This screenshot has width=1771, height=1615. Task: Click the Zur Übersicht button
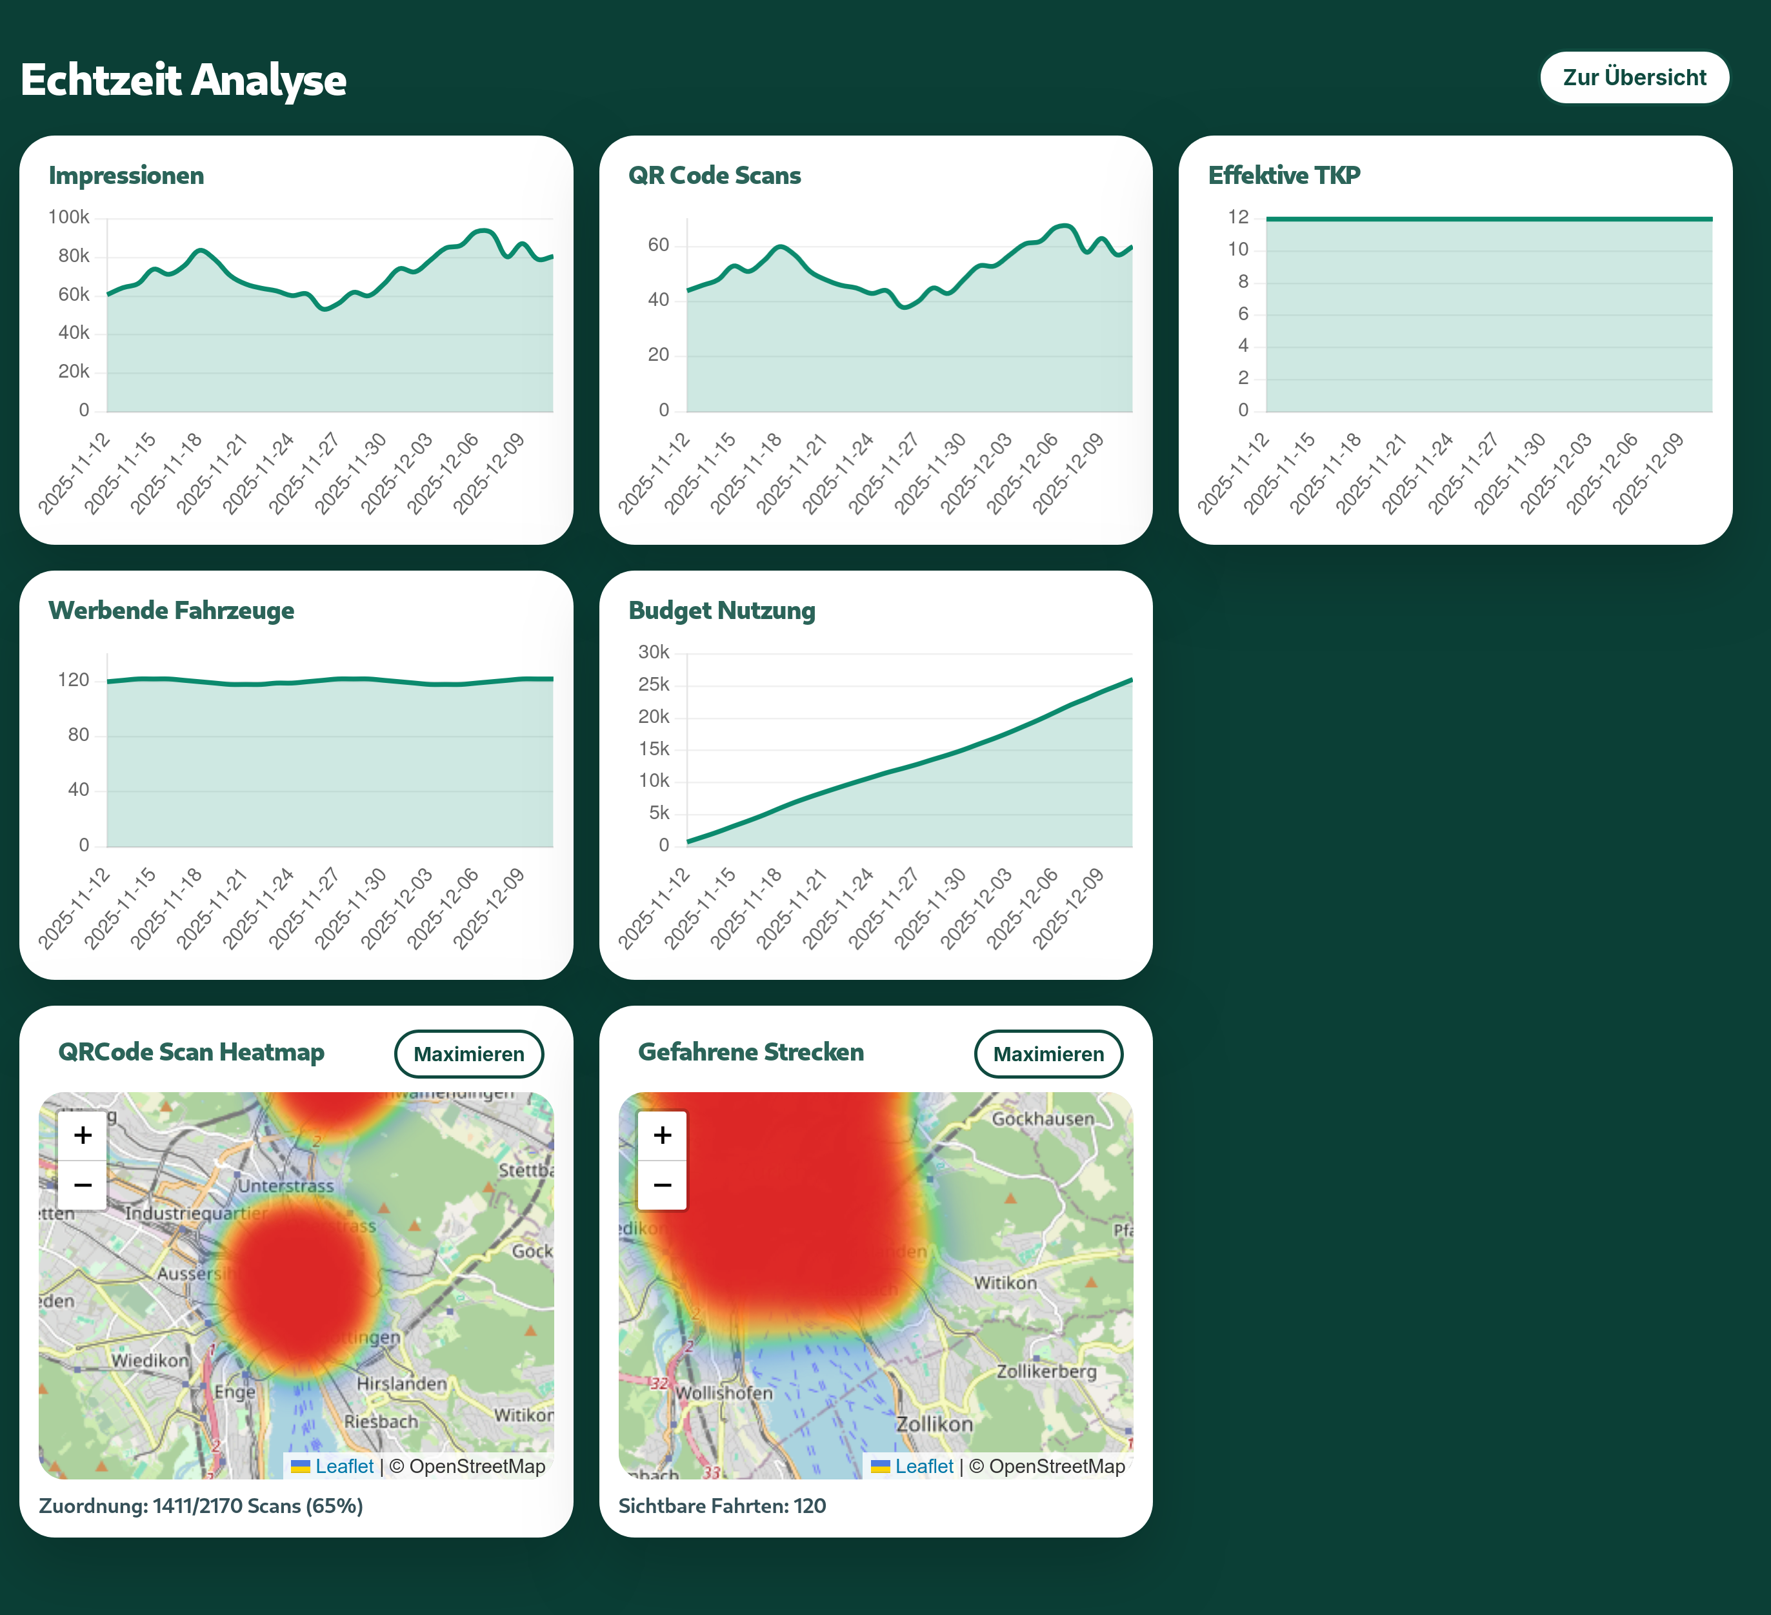pos(1634,77)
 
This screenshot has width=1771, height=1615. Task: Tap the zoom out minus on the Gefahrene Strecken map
pos(663,1184)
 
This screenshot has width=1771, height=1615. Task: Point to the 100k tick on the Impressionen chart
pos(68,217)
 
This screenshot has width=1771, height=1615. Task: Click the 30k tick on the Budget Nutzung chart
pos(654,652)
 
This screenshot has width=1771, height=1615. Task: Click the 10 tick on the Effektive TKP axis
pos(1238,250)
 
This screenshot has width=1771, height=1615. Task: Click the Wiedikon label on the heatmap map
pos(149,1360)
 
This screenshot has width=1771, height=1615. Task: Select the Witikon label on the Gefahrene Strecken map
pos(1005,1283)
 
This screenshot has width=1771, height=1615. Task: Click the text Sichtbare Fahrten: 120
pos(721,1506)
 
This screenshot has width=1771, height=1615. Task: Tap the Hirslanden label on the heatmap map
pos(401,1383)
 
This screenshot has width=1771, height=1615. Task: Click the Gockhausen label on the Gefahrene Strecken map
pos(1043,1119)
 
